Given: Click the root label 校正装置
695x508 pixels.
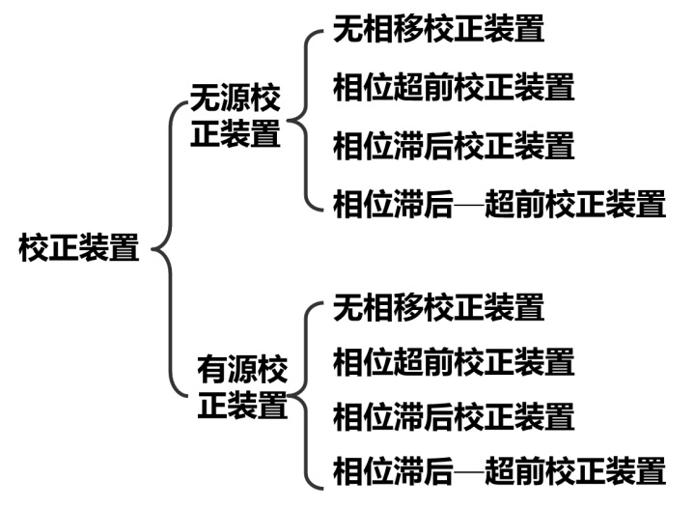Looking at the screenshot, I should click(x=79, y=248).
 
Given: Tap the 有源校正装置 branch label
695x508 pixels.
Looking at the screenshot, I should click(x=242, y=386).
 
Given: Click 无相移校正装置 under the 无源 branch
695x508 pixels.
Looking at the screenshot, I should click(x=438, y=30).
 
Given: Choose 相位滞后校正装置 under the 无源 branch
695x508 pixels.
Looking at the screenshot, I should click(x=454, y=146).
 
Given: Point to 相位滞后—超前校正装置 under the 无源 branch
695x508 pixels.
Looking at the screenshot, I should click(x=499, y=204).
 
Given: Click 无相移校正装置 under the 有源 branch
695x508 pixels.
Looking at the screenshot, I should click(x=438, y=307).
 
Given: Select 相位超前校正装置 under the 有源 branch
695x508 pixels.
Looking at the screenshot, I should click(x=454, y=362).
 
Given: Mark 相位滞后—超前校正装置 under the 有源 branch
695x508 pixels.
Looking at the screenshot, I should click(x=499, y=472).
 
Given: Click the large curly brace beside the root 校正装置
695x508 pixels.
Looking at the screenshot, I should click(x=166, y=249).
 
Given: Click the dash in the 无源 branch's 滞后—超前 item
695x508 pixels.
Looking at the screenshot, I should click(x=469, y=205).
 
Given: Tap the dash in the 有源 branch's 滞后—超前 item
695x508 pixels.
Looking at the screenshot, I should click(x=469, y=473).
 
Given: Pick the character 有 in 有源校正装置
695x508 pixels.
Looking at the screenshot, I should click(x=211, y=370).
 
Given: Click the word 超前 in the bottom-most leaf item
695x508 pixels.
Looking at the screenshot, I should click(x=514, y=472).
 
